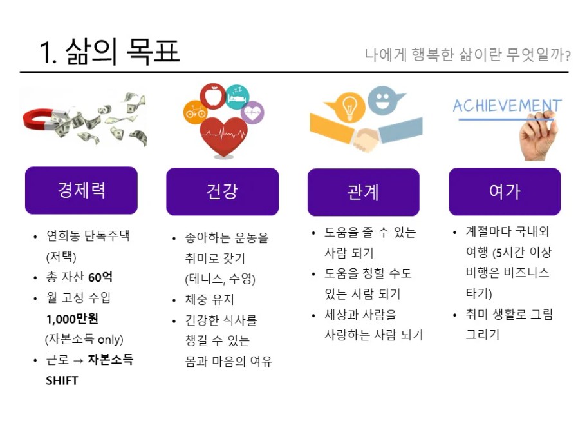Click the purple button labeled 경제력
[x=81, y=190]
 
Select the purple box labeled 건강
[x=222, y=191]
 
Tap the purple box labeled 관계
[x=364, y=192]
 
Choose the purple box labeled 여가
[x=505, y=191]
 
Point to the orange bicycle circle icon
[x=195, y=112]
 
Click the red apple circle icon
[x=213, y=95]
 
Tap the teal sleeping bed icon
[x=238, y=97]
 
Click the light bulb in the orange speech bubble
[x=349, y=106]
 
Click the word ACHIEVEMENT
[x=507, y=106]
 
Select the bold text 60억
[x=100, y=277]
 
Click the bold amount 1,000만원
[x=72, y=318]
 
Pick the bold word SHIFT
[x=62, y=380]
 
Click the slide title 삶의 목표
[x=123, y=52]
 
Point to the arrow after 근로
[x=79, y=361]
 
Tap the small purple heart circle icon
[x=252, y=112]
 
